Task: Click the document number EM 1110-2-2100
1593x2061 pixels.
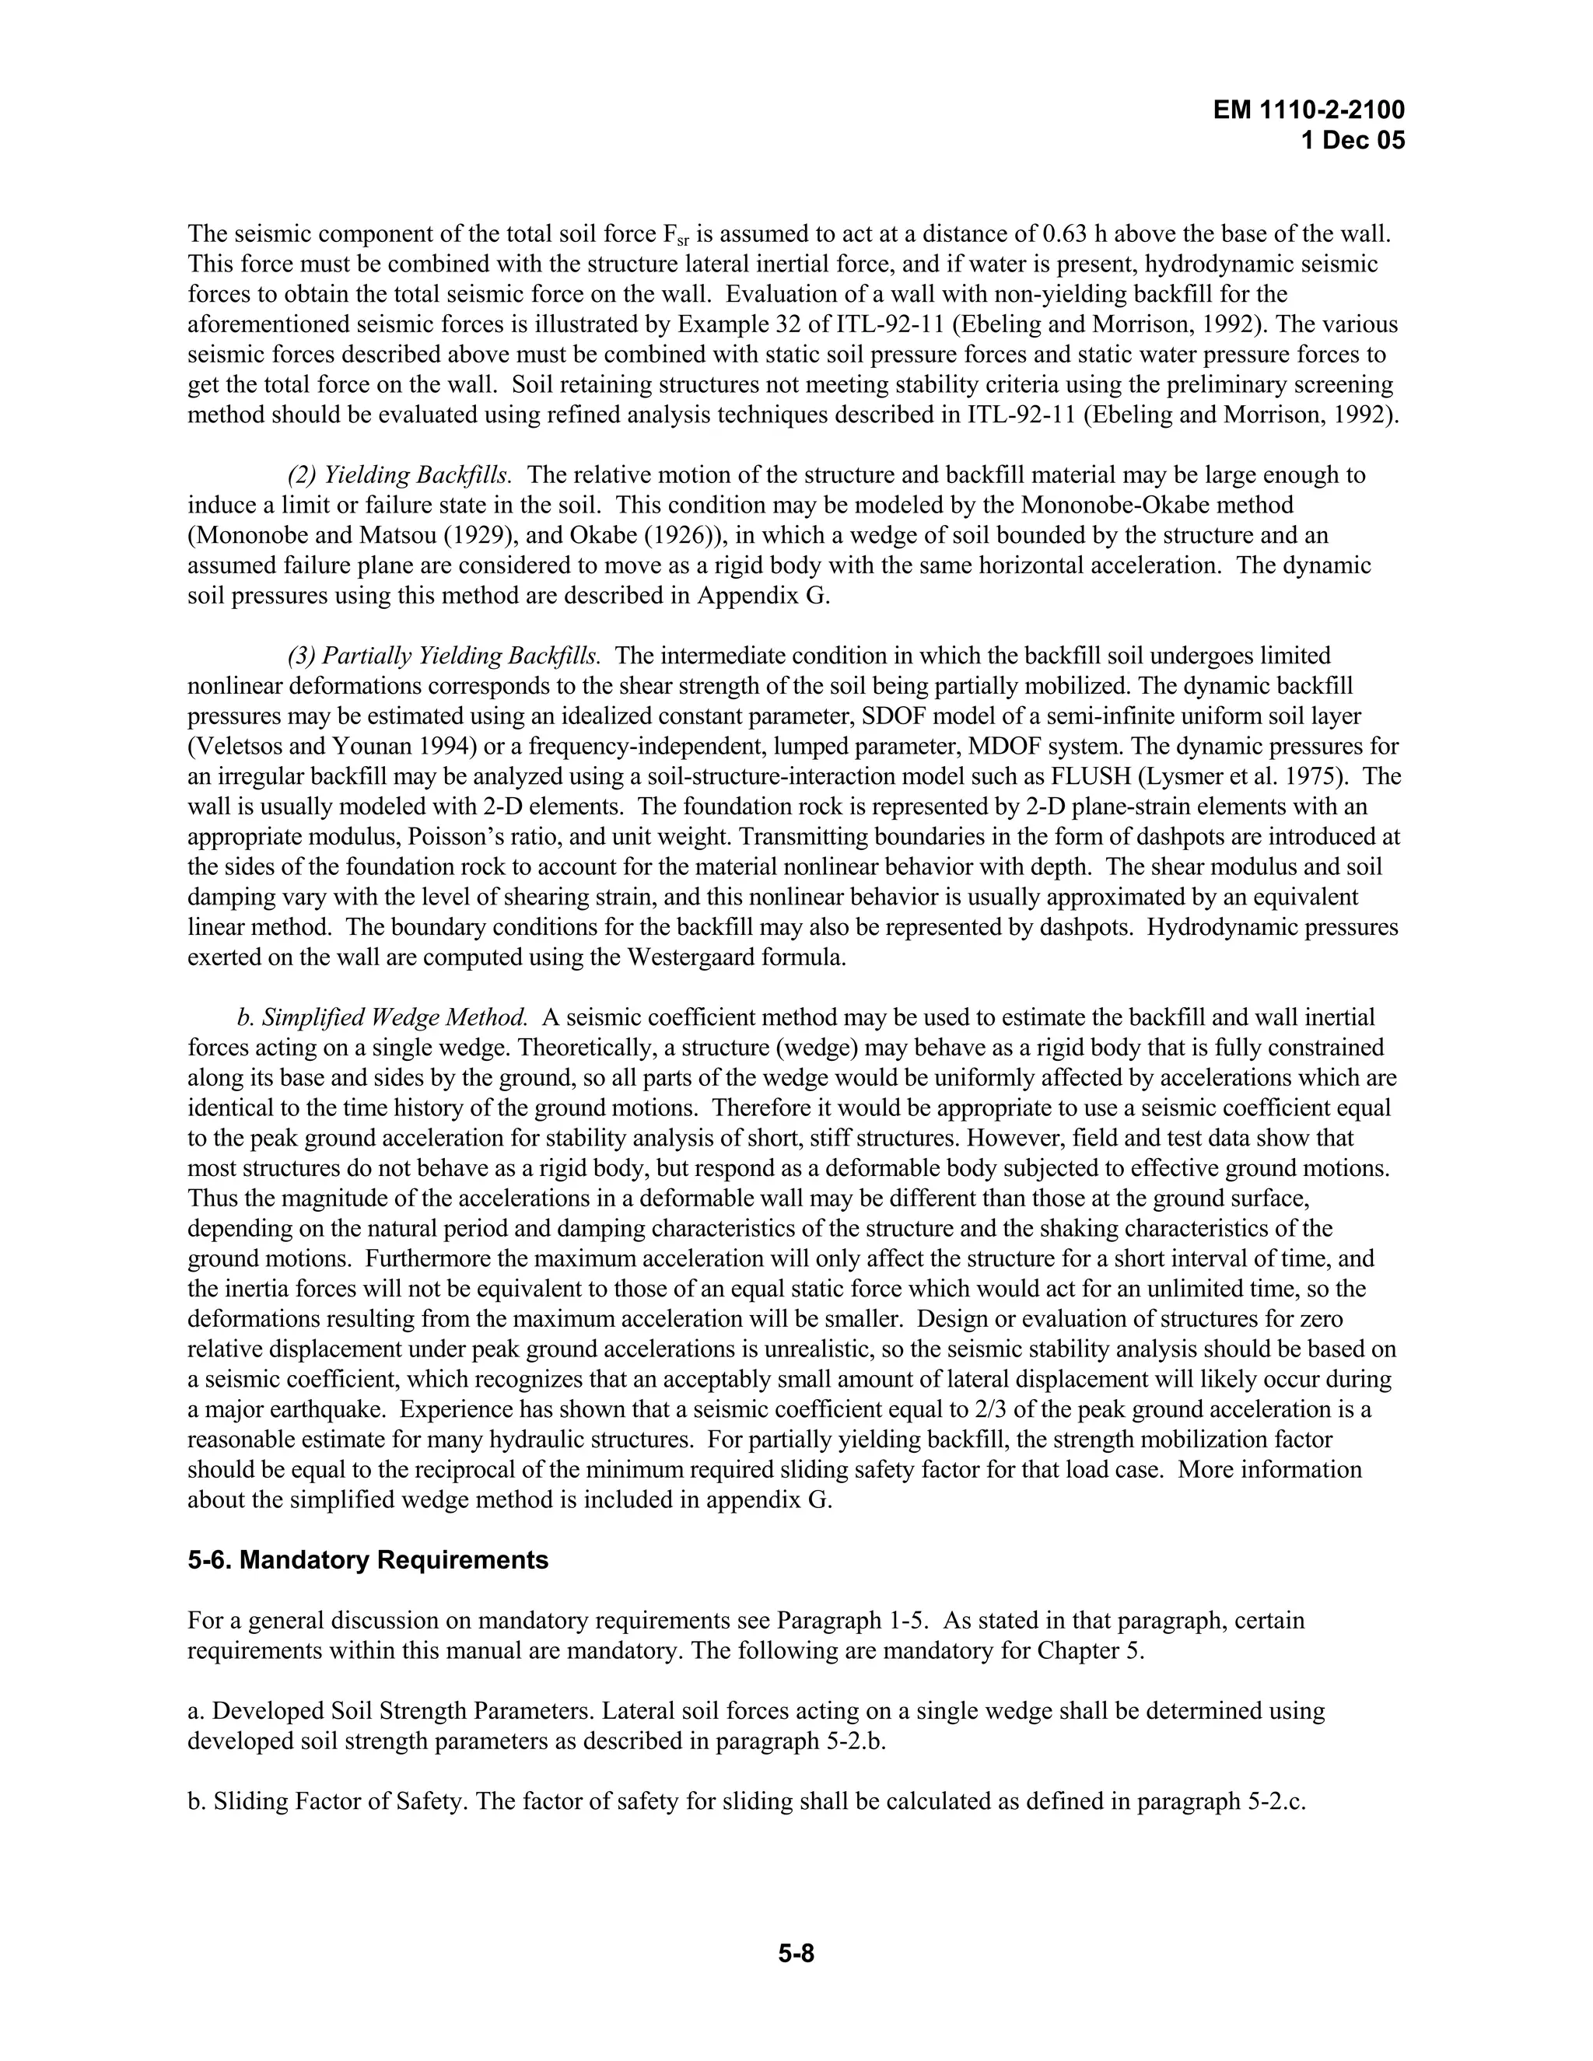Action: tap(1309, 110)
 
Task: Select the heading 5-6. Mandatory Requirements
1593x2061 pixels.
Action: tap(368, 1560)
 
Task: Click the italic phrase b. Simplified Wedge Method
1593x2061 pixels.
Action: tap(382, 1017)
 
